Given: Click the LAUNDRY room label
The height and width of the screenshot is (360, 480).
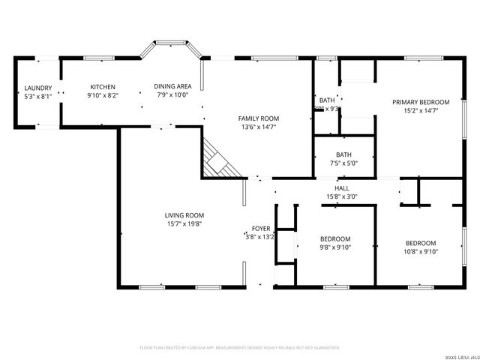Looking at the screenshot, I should pyautogui.click(x=37, y=88).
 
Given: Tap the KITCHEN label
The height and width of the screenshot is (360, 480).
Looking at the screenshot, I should pyautogui.click(x=103, y=86).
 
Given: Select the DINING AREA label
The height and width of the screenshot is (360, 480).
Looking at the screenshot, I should pyautogui.click(x=172, y=86).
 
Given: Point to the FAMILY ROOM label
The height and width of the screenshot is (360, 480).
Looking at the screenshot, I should pyautogui.click(x=259, y=118).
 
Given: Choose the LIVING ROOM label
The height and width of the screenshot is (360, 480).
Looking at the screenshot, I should pyautogui.click(x=184, y=215).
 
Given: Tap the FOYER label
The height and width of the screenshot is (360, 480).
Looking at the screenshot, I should pyautogui.click(x=260, y=228).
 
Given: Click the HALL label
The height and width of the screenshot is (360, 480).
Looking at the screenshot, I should pyautogui.click(x=342, y=188).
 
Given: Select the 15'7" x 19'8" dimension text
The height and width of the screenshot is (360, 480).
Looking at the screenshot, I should pyautogui.click(x=184, y=223).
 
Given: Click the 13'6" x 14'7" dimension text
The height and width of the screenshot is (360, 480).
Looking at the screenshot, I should pyautogui.click(x=259, y=127).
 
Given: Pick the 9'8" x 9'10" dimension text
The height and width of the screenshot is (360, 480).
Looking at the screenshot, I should pyautogui.click(x=335, y=247).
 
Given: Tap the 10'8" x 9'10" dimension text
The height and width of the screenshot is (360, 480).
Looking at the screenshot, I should pyautogui.click(x=421, y=251).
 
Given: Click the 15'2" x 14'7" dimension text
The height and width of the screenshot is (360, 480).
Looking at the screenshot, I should pyautogui.click(x=420, y=110).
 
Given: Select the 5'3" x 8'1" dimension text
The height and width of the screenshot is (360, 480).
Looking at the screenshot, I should pyautogui.click(x=37, y=96).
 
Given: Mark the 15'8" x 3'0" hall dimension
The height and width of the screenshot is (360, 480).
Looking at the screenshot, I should pyautogui.click(x=342, y=196).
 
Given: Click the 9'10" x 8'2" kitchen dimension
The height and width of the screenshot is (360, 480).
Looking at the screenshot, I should pyautogui.click(x=103, y=94).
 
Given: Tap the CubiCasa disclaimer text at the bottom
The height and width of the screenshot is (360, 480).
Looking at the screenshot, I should pyautogui.click(x=240, y=347).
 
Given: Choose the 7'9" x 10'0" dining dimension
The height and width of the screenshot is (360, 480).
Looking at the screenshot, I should pyautogui.click(x=172, y=94).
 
